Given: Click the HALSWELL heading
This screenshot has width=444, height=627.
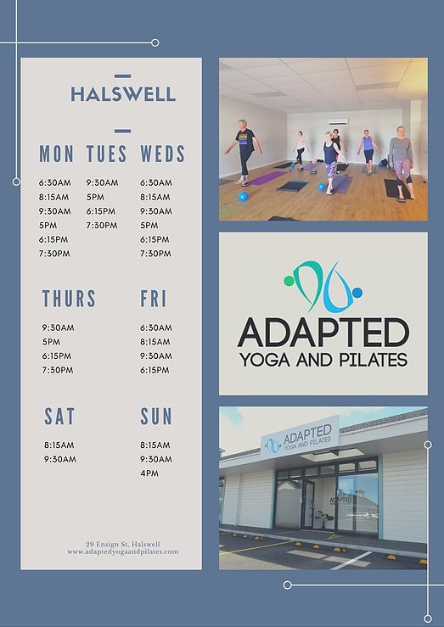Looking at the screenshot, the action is pyautogui.click(x=123, y=94).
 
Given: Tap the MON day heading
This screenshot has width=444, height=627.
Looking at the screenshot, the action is pyautogui.click(x=56, y=154).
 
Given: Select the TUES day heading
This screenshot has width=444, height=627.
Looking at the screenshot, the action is pyautogui.click(x=107, y=154).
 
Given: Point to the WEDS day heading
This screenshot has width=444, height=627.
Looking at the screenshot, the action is pyautogui.click(x=162, y=154).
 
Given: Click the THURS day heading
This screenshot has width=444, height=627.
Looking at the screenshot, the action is pyautogui.click(x=70, y=299).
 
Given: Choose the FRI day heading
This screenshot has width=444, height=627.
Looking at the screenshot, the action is pyautogui.click(x=153, y=299).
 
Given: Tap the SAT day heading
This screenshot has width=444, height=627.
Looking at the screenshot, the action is pyautogui.click(x=59, y=417).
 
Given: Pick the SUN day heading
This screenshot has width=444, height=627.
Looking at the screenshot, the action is pyautogui.click(x=156, y=417).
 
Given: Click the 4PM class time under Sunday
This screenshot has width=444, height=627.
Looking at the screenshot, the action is pyautogui.click(x=149, y=473).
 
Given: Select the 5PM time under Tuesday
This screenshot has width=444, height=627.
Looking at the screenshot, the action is pyautogui.click(x=95, y=197).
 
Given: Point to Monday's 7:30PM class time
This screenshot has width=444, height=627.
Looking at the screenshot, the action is pyautogui.click(x=54, y=254).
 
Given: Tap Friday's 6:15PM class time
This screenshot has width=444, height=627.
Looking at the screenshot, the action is pyautogui.click(x=155, y=370).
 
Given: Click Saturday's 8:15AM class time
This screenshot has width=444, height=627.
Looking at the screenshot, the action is pyautogui.click(x=59, y=445).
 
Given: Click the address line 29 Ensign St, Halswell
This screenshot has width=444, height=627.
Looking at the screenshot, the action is pyautogui.click(x=123, y=544).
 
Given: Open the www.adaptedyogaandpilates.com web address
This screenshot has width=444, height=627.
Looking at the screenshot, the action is pyautogui.click(x=123, y=551).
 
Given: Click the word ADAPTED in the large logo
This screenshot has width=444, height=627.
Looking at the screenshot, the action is pyautogui.click(x=323, y=333).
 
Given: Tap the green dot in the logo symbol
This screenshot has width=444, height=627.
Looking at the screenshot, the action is pyautogui.click(x=289, y=281).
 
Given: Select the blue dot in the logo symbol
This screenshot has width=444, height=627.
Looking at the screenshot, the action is pyautogui.click(x=357, y=293).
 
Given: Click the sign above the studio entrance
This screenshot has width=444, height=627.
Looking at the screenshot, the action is pyautogui.click(x=301, y=437).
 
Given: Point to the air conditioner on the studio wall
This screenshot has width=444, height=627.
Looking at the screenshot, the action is pyautogui.click(x=339, y=122).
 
